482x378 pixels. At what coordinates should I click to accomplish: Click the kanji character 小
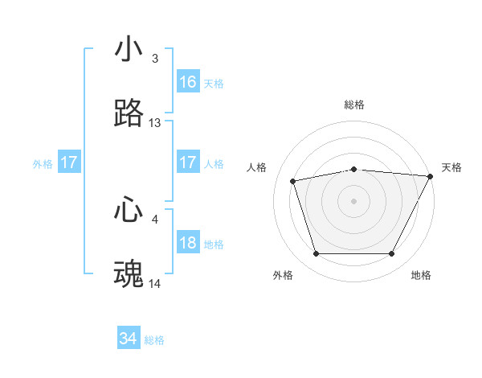(x=129, y=49)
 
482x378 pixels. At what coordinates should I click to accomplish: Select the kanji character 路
(x=129, y=114)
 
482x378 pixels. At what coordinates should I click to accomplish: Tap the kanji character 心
(x=129, y=210)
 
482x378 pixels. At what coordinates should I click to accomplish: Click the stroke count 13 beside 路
(x=155, y=123)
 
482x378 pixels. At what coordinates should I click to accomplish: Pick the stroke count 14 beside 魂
(x=155, y=284)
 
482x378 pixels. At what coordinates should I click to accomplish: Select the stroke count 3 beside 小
(x=155, y=59)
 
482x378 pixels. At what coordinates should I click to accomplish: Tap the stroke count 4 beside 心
(x=155, y=219)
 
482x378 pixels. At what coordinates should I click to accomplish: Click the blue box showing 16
(x=188, y=82)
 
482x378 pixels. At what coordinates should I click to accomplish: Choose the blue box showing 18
(x=188, y=243)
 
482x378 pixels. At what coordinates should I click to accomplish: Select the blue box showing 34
(x=129, y=339)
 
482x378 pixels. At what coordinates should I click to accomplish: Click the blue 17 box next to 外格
(x=69, y=162)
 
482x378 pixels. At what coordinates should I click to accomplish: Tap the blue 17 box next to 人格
(x=188, y=162)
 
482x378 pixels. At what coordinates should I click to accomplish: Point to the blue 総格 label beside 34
(x=154, y=340)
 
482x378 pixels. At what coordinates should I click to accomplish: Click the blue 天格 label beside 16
(x=214, y=83)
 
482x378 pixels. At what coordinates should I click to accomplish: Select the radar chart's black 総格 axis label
(x=354, y=105)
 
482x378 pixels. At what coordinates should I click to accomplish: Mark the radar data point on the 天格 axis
(x=431, y=176)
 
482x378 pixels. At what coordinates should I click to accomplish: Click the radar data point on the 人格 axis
(x=293, y=180)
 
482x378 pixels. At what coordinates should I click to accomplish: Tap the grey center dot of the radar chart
(x=354, y=201)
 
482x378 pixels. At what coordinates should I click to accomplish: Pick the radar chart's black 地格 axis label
(x=421, y=276)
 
